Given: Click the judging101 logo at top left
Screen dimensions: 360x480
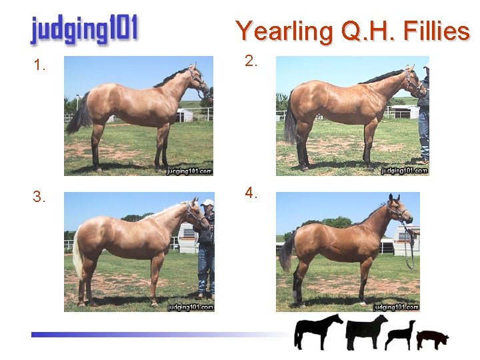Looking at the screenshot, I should pyautogui.click(x=84, y=30).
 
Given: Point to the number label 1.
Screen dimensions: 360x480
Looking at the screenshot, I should pyautogui.click(x=40, y=65).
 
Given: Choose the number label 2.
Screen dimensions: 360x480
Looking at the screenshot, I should pyautogui.click(x=251, y=61).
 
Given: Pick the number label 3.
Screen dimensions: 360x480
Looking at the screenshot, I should pyautogui.click(x=40, y=197).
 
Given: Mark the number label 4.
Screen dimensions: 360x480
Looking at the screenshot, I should pyautogui.click(x=251, y=193).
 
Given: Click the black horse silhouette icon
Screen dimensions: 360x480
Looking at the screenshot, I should pyautogui.click(x=318, y=331).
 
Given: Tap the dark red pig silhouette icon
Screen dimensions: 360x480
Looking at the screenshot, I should pyautogui.click(x=433, y=339).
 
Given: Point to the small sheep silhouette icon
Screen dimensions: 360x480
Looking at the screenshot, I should pyautogui.click(x=400, y=334).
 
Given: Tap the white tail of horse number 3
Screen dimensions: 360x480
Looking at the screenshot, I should pyautogui.click(x=77, y=253).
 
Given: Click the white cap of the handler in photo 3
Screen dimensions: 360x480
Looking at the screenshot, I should pyautogui.click(x=208, y=203).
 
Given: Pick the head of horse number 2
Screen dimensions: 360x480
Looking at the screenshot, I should pyautogui.click(x=412, y=79).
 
